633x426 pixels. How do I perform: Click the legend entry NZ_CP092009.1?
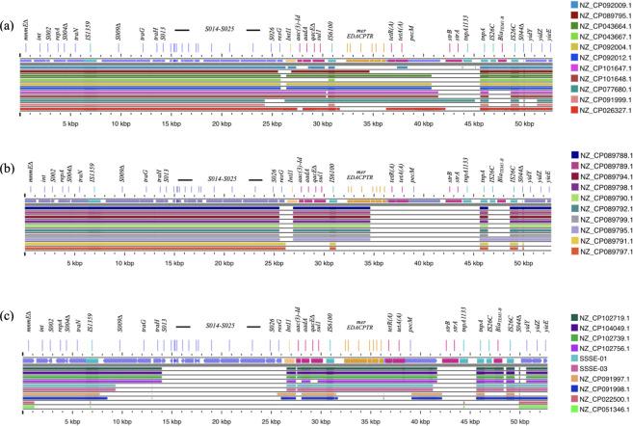602,6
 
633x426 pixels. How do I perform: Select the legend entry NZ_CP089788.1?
602,154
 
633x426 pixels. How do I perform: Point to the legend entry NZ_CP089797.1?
602,260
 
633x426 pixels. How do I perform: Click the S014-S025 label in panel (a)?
222,30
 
